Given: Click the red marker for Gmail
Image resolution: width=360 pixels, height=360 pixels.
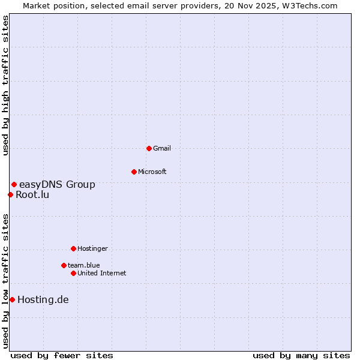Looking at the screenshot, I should [149, 148].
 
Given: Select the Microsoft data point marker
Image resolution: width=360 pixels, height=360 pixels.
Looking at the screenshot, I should [134, 172].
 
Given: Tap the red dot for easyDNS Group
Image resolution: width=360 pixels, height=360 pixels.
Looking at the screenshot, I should [14, 184].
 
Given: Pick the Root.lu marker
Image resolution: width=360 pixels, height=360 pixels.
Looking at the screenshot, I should [10, 194].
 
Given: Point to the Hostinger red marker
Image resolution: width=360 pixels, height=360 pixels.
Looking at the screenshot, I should [73, 248].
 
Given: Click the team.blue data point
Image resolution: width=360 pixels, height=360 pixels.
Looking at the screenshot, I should [64, 265].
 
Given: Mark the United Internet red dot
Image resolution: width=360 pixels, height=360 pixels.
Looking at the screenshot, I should [73, 273].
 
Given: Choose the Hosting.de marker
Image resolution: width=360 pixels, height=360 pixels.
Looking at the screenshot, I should [12, 299].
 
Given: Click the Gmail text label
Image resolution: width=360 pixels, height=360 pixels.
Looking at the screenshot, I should [162, 148].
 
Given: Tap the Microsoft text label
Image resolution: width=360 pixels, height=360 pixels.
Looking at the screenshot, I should [152, 172].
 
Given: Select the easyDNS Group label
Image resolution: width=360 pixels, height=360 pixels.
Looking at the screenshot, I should [57, 184].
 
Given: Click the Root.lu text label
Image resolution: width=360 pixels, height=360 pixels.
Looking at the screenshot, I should [32, 194].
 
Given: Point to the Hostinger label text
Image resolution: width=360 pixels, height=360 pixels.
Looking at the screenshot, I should [92, 248].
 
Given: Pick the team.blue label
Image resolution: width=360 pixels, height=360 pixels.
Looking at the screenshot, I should [83, 265].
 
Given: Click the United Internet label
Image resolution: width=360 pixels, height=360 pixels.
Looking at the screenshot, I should [101, 273].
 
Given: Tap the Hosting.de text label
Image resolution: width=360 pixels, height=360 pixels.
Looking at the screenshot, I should [43, 299].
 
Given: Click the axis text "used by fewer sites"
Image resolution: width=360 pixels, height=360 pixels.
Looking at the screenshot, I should [62, 355].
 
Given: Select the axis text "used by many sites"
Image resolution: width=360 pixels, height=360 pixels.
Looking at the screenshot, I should [301, 355].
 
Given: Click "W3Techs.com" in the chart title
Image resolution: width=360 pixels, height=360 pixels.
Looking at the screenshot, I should [310, 5].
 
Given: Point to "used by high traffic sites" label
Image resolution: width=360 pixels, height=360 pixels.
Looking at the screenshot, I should [5, 86].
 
